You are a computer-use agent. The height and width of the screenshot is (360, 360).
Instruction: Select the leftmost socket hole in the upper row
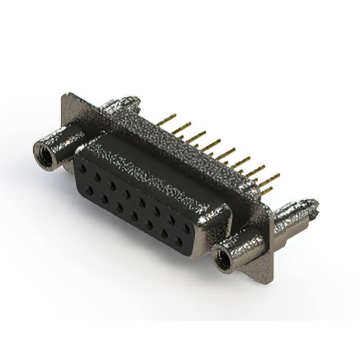pos(83,168)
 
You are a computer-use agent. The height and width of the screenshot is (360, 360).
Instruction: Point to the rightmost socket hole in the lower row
pos(179,242)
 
